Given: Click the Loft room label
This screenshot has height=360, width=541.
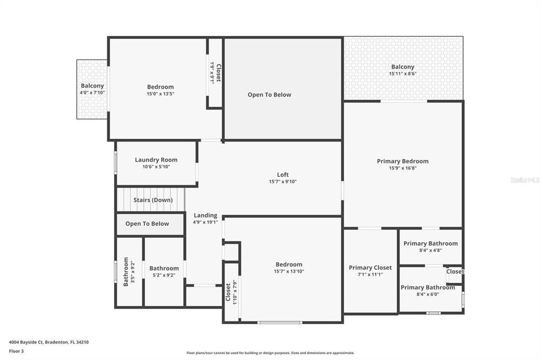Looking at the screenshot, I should (x=283, y=175).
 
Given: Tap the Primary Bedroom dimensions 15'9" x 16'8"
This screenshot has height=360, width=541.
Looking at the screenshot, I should (x=403, y=168).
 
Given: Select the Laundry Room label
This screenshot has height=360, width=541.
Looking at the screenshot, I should (x=156, y=160).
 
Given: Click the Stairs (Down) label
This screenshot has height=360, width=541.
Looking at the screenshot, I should (x=153, y=200).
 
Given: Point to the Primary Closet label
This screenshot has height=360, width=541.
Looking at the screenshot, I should (x=370, y=268).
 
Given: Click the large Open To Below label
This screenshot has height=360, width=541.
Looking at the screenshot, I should (x=269, y=95).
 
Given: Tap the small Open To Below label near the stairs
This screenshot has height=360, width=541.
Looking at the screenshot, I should (x=147, y=224).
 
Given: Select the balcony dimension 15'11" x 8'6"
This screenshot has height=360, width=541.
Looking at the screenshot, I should (x=403, y=74).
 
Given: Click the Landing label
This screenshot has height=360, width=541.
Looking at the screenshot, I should (x=205, y=215).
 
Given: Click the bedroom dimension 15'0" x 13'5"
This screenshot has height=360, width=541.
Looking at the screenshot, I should (x=160, y=93).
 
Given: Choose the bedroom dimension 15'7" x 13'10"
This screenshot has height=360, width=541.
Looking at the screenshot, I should (x=289, y=271).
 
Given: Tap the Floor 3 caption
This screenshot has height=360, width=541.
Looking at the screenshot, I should (x=16, y=351).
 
